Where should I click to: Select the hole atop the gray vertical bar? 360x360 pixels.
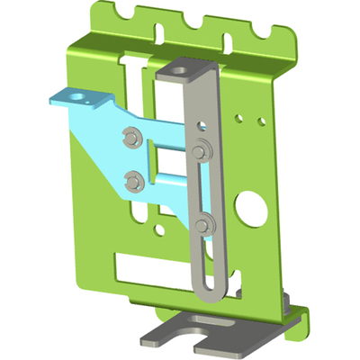(184, 68)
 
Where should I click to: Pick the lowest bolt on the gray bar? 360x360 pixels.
(205, 226)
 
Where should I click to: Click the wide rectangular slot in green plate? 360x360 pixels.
(153, 266)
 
